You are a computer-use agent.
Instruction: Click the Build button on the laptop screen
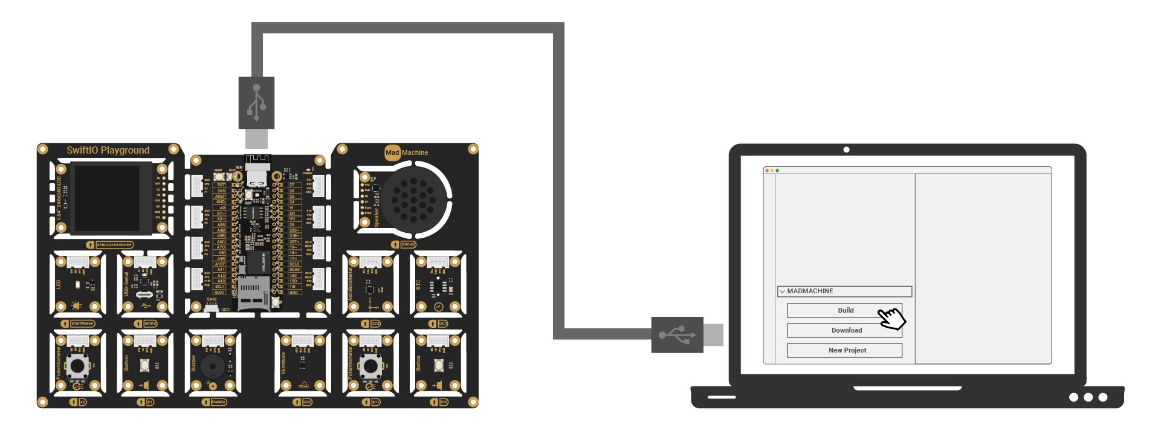(x=844, y=310)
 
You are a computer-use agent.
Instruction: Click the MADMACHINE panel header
(x=844, y=291)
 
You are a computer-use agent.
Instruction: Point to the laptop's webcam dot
(x=846, y=149)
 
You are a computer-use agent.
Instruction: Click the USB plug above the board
(x=256, y=103)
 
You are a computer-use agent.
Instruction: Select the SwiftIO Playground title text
(x=108, y=151)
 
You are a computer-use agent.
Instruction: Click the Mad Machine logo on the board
(x=406, y=152)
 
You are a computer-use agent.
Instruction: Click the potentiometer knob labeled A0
(x=77, y=365)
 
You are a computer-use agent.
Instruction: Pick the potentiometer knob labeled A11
(x=370, y=365)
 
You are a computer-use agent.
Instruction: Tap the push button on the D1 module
(x=145, y=365)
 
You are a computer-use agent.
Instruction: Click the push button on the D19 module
(x=438, y=365)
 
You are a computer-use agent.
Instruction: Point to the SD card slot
(x=252, y=294)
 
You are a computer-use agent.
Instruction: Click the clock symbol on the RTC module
(x=439, y=307)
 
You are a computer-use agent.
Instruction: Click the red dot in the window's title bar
(x=767, y=171)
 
